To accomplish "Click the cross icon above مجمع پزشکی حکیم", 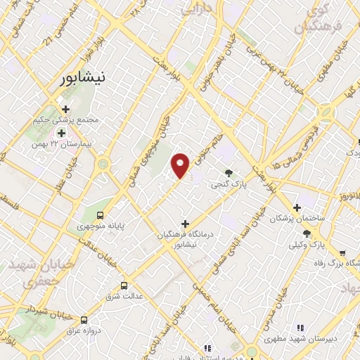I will [66, 109].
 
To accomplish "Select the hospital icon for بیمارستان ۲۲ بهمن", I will [62, 132].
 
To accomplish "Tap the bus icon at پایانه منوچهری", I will [101, 214].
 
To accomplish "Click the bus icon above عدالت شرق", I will [124, 285].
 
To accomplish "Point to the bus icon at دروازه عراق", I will [85, 318].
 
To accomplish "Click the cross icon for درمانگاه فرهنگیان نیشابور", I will [185, 224].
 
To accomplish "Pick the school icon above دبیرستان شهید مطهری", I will [301, 327].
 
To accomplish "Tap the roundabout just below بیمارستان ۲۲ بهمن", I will [104, 163].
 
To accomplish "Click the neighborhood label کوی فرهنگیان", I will [312, 20].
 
